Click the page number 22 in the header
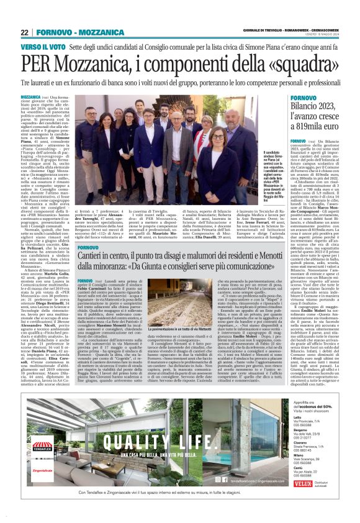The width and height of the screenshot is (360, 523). click(x=25, y=32)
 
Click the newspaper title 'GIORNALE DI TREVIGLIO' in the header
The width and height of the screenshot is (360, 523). click(x=238, y=33)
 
